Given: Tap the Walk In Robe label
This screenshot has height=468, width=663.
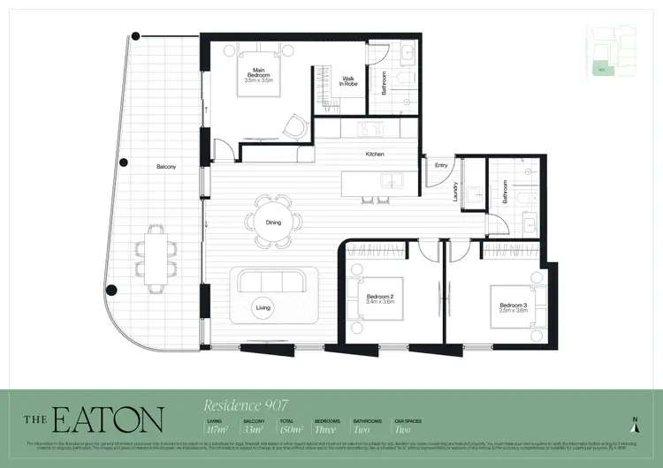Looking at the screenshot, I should [x=349, y=80].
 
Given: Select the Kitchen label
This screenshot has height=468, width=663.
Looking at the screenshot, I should [x=376, y=155].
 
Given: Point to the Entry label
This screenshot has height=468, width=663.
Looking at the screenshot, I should [x=441, y=165].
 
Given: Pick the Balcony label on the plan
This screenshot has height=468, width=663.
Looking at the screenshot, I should [x=167, y=166].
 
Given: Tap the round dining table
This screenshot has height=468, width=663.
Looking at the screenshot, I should [x=273, y=222].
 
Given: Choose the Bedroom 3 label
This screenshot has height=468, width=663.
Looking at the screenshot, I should [x=514, y=308].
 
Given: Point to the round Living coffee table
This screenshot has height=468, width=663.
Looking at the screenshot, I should [x=263, y=307].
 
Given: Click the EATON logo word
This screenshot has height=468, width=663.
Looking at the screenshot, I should [x=106, y=419].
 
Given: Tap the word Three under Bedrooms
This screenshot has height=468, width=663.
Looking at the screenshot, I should [x=326, y=431].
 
